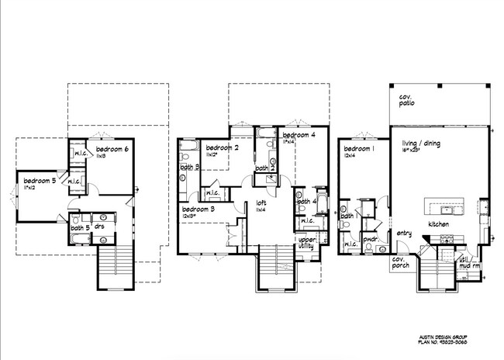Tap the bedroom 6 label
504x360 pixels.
112,147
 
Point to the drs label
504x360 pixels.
100,227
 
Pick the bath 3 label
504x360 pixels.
190,167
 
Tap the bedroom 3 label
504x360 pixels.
197,209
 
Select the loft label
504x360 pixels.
261,203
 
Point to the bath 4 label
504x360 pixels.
306,202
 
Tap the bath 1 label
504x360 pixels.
347,216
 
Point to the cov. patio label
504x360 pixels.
407,100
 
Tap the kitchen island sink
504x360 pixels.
446,209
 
